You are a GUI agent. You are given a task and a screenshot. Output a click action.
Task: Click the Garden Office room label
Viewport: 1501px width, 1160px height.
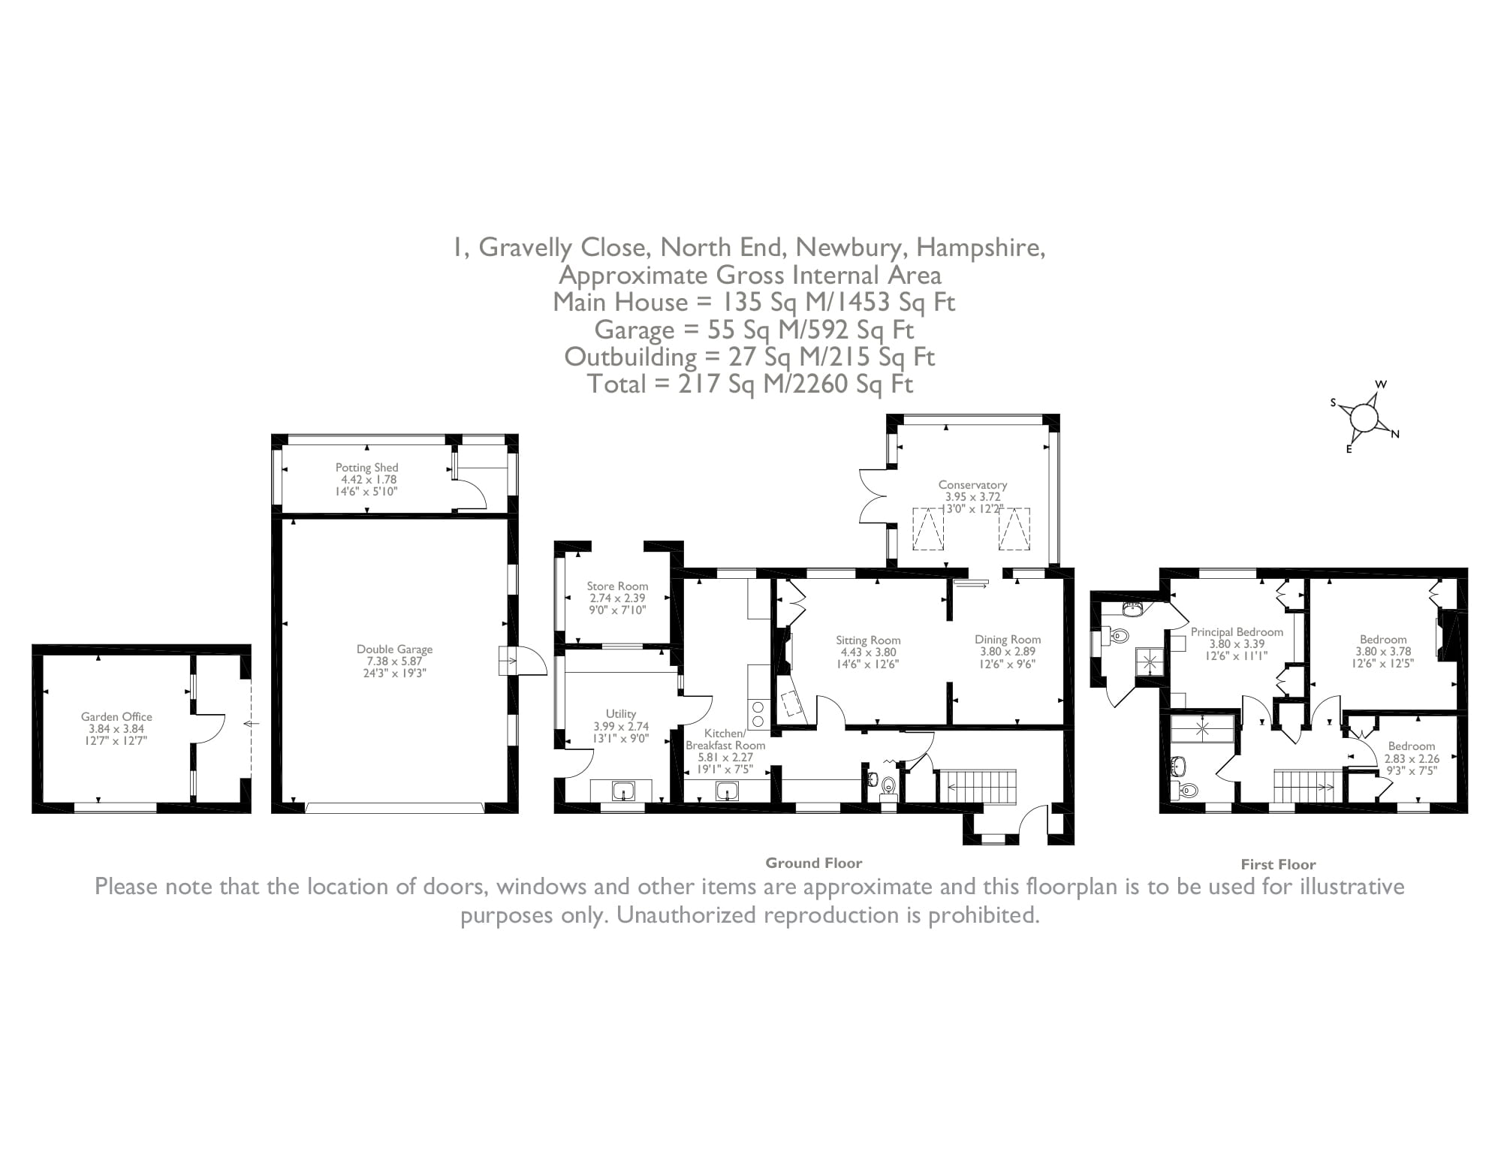coord(116,717)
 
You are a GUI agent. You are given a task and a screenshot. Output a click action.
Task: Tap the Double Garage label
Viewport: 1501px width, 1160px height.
coord(394,649)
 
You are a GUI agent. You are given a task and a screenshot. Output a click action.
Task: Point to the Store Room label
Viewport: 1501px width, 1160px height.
coord(617,586)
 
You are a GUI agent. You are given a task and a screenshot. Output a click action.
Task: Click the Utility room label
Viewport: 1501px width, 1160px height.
coord(621,714)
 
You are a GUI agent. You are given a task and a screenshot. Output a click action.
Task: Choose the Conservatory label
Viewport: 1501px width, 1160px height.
coord(972,485)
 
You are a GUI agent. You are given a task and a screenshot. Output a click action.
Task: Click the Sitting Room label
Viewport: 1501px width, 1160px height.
coord(868,640)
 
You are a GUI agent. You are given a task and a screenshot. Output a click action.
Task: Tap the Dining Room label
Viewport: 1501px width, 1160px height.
coord(1008,640)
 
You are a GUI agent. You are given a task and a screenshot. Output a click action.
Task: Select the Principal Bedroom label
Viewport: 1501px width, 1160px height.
coord(1237,632)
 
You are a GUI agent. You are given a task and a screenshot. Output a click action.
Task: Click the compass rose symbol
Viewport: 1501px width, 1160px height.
coord(1366,417)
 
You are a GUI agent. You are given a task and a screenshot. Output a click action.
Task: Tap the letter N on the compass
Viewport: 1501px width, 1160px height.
coord(1395,434)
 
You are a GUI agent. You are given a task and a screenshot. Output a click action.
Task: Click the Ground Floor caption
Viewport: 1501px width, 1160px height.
coord(813,863)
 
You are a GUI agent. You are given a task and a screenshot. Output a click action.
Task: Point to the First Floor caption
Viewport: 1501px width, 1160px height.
coord(1278,864)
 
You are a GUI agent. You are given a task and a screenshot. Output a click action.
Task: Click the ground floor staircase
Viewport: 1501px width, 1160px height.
coord(976,786)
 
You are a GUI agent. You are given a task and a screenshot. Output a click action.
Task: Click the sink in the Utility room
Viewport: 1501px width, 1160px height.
coord(623,791)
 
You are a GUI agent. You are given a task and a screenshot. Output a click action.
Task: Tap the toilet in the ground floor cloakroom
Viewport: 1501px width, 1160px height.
coord(888,786)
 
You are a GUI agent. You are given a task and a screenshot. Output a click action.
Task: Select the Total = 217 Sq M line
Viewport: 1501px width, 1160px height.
coord(749,384)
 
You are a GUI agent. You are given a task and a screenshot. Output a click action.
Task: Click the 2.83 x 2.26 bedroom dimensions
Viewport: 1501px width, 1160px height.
coord(1412,758)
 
